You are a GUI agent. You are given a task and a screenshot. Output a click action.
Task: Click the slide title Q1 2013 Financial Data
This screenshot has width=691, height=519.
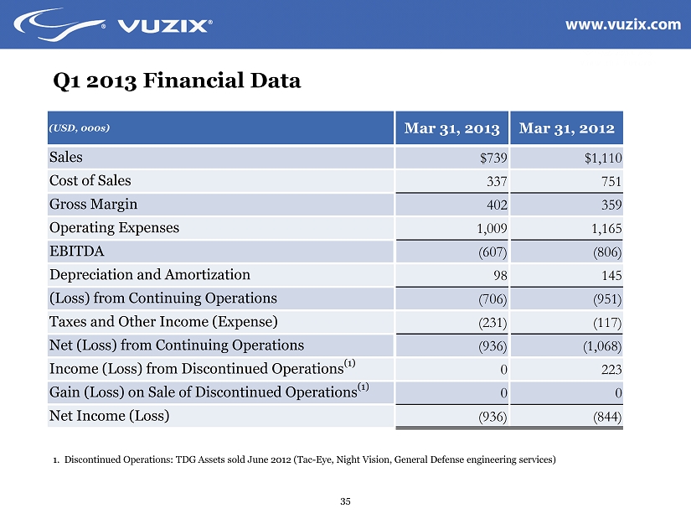coord(176,81)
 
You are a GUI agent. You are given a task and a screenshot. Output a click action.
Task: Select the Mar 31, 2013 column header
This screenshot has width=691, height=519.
coord(451,129)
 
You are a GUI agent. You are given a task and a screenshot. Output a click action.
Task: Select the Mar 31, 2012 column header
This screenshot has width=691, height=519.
coord(567,129)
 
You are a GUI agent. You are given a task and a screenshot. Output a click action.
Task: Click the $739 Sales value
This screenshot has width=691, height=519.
coord(494,158)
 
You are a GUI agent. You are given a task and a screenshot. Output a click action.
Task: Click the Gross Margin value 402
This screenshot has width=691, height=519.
coord(498,205)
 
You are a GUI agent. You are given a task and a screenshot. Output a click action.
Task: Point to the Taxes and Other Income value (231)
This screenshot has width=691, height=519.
coord(494,322)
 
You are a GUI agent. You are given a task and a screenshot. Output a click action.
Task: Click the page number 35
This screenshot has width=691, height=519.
coord(345,501)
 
